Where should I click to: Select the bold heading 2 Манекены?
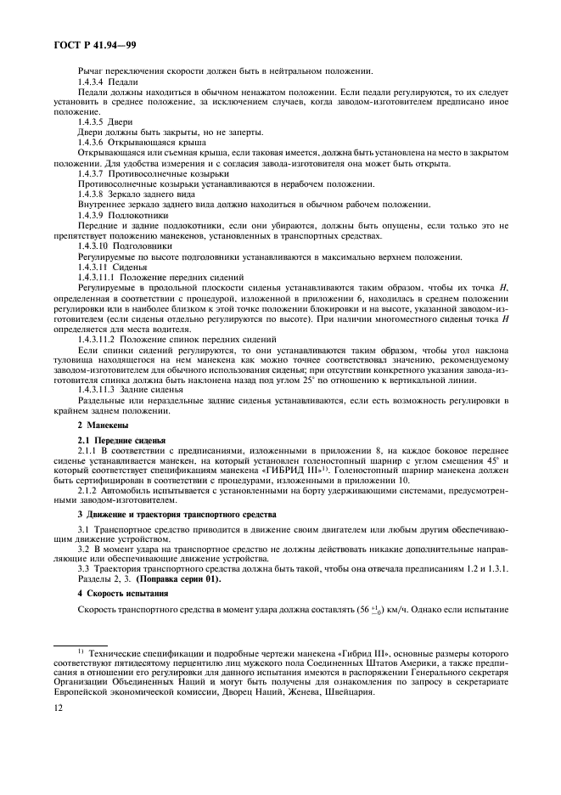(104, 424)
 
